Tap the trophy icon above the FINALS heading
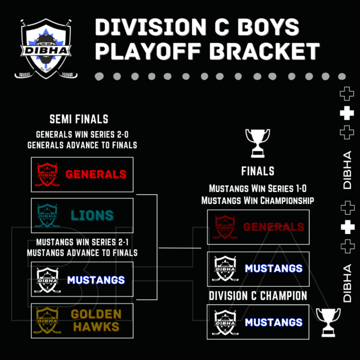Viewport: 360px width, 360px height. coord(257,143)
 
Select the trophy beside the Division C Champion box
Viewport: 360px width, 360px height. coord(328,322)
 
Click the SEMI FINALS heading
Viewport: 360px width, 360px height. coord(79,119)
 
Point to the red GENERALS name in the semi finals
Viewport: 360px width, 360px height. coord(96,174)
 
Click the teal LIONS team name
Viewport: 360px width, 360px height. coord(92,215)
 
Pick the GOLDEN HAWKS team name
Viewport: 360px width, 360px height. coord(96,320)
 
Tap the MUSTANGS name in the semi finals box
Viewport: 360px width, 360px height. coord(96,280)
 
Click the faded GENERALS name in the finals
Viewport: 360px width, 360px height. coord(274,227)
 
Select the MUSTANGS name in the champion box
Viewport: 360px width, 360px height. coord(274,322)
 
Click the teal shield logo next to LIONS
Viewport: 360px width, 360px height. coord(47,215)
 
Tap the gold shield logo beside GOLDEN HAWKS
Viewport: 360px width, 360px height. coord(47,320)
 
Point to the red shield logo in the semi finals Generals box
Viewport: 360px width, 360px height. coord(47,175)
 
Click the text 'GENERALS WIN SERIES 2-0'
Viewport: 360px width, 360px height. coord(82,134)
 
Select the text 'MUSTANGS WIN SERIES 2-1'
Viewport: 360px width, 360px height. coord(82,242)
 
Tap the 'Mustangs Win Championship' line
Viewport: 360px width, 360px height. coord(257,200)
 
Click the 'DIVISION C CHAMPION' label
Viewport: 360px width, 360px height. coord(258,295)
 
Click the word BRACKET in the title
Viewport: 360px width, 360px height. coord(265,51)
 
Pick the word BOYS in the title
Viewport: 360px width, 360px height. coord(268,27)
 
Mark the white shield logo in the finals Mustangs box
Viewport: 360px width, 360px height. coord(225,269)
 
